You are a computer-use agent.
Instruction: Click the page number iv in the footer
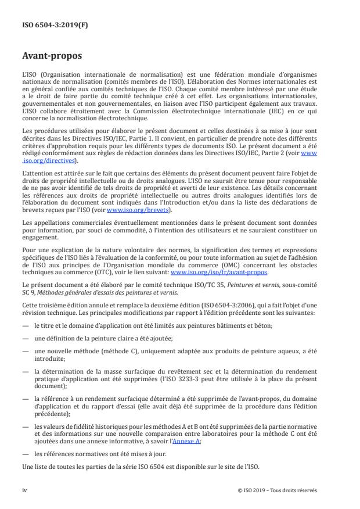click(24, 490)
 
